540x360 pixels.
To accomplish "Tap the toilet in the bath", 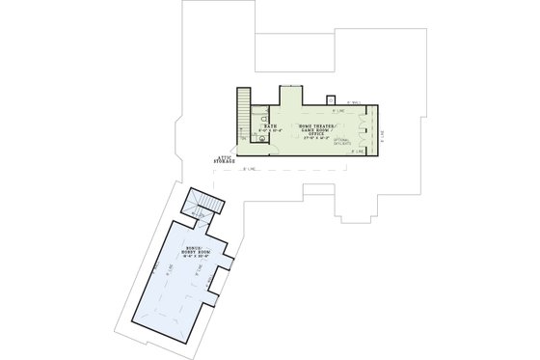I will pyautogui.click(x=260, y=139).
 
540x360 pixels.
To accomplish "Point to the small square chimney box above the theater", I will pyautogui.click(x=331, y=100).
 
